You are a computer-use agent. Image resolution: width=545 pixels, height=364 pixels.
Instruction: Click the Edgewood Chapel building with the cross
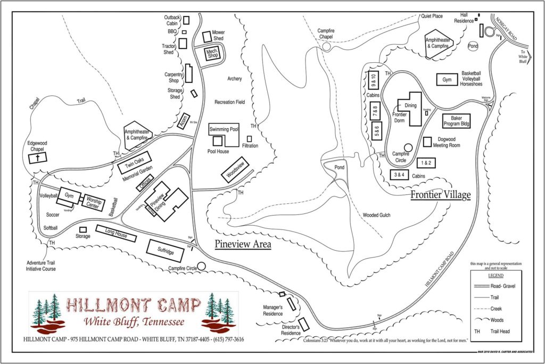[38, 157]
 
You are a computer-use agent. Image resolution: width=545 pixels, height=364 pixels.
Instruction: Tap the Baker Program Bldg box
[457, 121]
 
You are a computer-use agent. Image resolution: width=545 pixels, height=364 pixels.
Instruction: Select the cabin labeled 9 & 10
[373, 80]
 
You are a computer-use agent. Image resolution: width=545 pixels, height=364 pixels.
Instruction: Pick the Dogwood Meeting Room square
[427, 142]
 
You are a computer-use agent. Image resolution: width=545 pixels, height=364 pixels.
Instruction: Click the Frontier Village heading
[440, 195]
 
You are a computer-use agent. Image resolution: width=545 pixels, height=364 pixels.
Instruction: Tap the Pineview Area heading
[243, 244]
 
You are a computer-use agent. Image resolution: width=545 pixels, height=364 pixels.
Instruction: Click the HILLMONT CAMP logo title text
[133, 306]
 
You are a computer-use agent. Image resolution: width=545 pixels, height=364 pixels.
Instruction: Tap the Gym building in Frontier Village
[446, 80]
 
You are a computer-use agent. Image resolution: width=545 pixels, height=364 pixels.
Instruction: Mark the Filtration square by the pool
[249, 139]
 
